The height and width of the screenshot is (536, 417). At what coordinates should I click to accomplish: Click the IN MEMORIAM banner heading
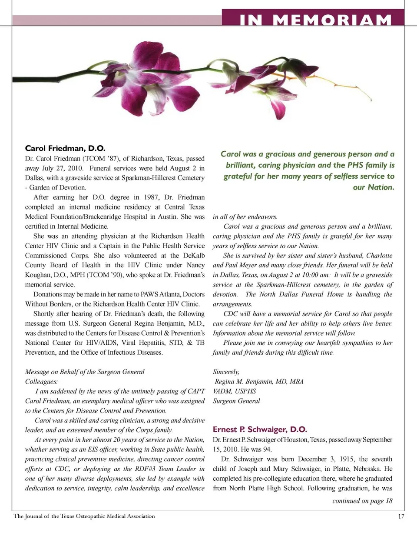pos(316,19)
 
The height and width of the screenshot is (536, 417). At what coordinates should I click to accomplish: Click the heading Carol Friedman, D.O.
pos(65,149)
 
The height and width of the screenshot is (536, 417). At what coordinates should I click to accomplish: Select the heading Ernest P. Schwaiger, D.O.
pos(260,429)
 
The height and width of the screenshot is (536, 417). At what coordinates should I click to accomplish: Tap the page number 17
pos(401,516)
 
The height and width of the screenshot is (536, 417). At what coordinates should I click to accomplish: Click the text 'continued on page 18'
pos(362,501)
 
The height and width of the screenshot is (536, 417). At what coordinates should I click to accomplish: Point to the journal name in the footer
pos(84,516)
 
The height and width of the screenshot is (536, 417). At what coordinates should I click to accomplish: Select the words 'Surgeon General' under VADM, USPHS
pos(236,401)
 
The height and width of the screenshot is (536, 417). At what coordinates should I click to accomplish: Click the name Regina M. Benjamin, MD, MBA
pos(259,381)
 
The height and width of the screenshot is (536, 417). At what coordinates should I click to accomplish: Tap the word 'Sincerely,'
pos(226,372)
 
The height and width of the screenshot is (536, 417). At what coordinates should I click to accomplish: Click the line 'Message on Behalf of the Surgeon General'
pos(85,372)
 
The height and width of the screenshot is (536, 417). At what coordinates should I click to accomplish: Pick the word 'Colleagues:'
pos(41,381)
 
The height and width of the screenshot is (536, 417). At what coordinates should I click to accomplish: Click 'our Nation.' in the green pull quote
pos(374,187)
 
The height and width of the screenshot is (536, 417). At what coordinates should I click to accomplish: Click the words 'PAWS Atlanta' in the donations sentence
pos(161,294)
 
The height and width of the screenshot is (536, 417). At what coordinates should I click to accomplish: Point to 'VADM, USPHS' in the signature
pos(234,391)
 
